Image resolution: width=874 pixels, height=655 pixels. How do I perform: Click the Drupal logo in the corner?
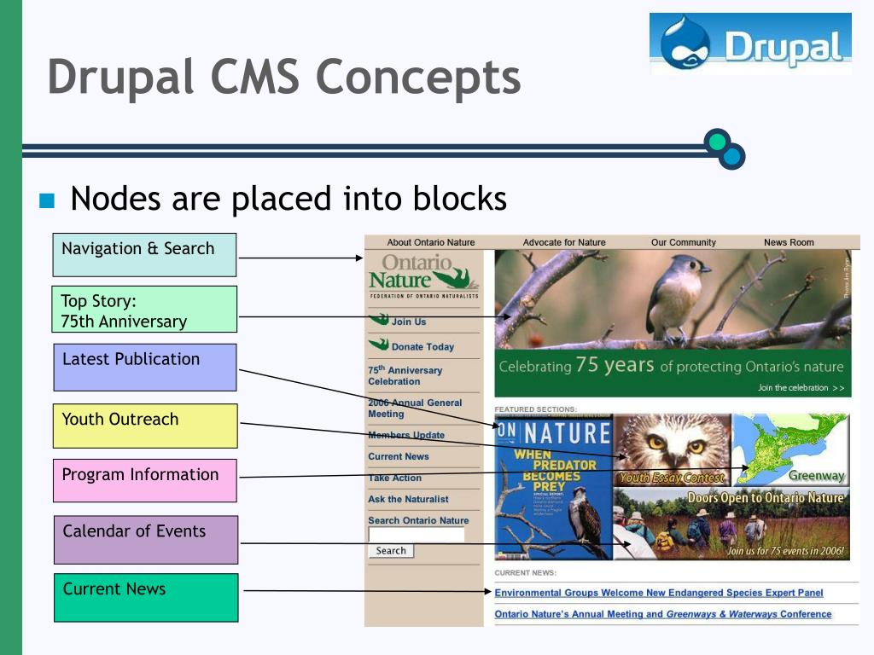click(749, 43)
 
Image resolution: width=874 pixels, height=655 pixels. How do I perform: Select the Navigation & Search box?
click(144, 254)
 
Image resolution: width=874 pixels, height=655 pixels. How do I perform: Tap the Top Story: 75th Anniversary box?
click(144, 309)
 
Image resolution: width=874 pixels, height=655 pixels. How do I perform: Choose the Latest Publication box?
click(144, 367)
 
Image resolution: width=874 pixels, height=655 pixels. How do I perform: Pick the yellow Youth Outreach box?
click(144, 426)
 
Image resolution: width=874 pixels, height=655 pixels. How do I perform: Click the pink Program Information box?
click(144, 480)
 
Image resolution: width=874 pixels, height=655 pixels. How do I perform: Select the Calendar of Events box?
click(145, 539)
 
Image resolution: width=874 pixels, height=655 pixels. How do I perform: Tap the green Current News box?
click(145, 597)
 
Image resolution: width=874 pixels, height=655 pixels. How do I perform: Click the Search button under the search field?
click(391, 551)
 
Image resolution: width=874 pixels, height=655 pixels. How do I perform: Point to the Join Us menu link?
click(408, 322)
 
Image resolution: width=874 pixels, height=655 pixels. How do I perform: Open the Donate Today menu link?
click(422, 347)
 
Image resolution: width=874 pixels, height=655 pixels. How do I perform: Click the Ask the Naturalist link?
click(408, 499)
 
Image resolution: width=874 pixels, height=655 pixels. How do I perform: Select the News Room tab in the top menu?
click(789, 242)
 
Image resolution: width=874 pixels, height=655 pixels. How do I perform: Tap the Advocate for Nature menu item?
click(564, 242)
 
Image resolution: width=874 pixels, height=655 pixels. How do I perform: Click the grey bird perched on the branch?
click(677, 294)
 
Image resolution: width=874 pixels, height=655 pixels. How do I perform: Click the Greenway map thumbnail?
click(791, 449)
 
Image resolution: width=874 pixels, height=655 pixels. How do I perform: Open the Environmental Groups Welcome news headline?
click(659, 593)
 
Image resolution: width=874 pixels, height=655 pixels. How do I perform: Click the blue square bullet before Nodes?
click(47, 201)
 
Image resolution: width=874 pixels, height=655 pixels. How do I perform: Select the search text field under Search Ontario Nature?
click(417, 535)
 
